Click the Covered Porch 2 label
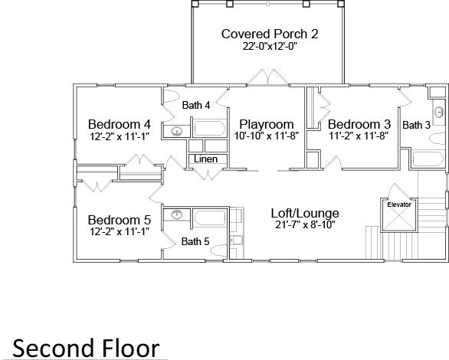(270, 34)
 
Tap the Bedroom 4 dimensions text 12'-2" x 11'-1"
(120, 136)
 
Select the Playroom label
(267, 125)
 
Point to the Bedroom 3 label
(359, 124)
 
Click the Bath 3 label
(416, 125)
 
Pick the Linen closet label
(205, 159)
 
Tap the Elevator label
(399, 205)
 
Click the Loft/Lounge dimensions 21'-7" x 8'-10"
(305, 224)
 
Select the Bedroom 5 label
(119, 220)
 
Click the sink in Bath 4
(177, 131)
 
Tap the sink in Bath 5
(177, 214)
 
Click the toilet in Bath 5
(219, 251)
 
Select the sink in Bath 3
(439, 112)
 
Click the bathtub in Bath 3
(428, 159)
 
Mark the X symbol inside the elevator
(399, 219)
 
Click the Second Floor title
(86, 348)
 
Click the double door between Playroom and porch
(268, 77)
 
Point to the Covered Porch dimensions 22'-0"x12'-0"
(269, 46)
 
